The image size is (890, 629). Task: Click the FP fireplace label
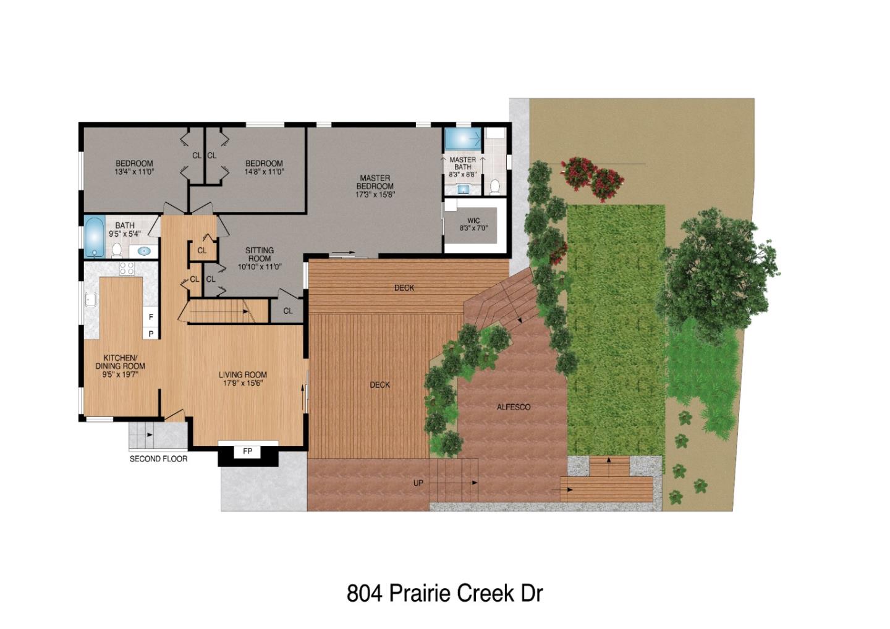tap(247, 451)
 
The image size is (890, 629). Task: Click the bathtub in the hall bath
tap(94, 237)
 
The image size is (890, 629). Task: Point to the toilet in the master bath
tap(494, 186)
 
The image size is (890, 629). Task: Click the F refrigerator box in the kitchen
tap(151, 317)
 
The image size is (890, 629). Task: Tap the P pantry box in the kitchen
tap(151, 334)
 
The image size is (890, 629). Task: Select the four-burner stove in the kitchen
tap(127, 268)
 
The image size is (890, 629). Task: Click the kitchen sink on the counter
tap(90, 300)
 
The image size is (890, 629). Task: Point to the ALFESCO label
tap(514, 407)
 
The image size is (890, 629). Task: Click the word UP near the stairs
tap(418, 483)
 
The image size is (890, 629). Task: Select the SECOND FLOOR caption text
tap(158, 458)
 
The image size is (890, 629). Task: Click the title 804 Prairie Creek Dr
tap(444, 593)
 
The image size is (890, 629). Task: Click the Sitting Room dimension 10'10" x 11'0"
tap(260, 267)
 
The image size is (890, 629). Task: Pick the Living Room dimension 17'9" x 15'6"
tap(243, 383)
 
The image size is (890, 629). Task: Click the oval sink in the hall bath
tap(144, 251)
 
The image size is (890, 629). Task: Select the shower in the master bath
tap(462, 137)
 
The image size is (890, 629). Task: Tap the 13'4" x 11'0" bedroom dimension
tap(134, 172)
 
